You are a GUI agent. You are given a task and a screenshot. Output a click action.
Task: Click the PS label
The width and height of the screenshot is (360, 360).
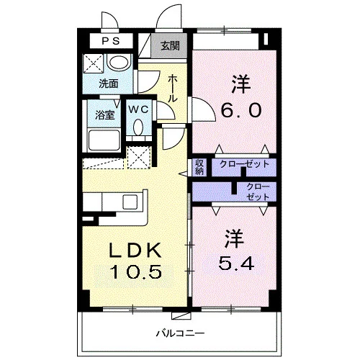pyautogui.click(x=111, y=41)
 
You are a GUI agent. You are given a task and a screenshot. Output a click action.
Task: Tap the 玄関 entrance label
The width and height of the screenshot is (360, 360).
pyautogui.click(x=170, y=45)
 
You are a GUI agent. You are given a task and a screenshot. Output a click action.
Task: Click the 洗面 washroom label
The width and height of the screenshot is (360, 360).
pyautogui.click(x=109, y=84)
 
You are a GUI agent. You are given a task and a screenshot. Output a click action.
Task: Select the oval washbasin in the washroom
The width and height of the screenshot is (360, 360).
pyautogui.click(x=119, y=62)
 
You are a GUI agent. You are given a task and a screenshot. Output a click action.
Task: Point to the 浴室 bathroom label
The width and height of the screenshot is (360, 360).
pyautogui.click(x=104, y=115)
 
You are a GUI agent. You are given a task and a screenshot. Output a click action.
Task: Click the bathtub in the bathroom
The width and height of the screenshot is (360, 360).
pyautogui.click(x=104, y=140)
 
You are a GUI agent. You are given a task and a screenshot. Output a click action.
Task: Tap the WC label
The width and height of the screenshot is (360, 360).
pyautogui.click(x=138, y=109)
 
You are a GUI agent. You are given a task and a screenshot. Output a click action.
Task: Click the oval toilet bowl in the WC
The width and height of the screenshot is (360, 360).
pyautogui.click(x=138, y=127)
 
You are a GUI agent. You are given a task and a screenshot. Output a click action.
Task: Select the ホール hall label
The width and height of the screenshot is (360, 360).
pyautogui.click(x=172, y=89)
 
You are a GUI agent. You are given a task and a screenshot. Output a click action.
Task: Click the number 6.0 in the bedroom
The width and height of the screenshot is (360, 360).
pyautogui.click(x=240, y=110)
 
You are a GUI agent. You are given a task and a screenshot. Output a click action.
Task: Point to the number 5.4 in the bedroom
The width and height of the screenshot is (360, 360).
pyautogui.click(x=236, y=263)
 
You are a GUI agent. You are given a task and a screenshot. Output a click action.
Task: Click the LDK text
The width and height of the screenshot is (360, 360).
pyautogui.click(x=135, y=250)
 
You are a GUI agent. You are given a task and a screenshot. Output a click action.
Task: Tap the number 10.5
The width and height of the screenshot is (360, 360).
pyautogui.click(x=135, y=271)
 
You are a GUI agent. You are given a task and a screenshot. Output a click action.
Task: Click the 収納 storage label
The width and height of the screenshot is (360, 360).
pyautogui.click(x=199, y=167)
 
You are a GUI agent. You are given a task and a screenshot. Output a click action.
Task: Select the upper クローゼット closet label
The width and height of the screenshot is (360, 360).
pyautogui.click(x=244, y=164)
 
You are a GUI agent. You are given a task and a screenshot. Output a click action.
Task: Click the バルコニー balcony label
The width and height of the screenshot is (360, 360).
pyautogui.click(x=180, y=333)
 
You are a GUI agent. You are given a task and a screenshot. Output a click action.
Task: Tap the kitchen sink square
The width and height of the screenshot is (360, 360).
pyautogui.click(x=130, y=202)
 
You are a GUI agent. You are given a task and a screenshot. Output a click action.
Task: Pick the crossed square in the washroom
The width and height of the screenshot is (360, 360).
pyautogui.click(x=93, y=63)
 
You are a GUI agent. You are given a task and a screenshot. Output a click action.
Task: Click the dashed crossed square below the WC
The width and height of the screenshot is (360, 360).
pyautogui.click(x=138, y=157)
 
